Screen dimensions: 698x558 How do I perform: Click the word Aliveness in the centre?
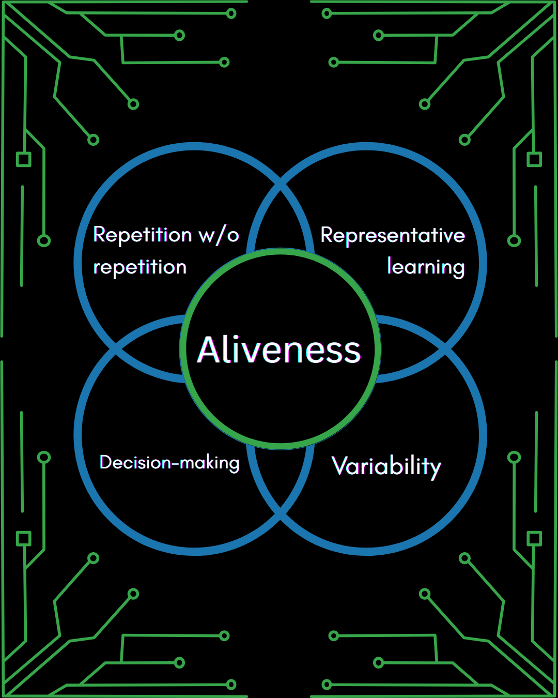coord(279,350)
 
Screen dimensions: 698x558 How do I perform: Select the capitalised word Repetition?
coord(143,235)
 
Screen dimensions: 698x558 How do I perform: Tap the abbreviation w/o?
coord(219,235)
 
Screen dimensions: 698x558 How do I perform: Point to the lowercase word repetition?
coord(139,267)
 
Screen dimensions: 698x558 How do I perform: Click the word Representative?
coord(393,236)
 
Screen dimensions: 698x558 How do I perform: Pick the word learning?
coord(426,267)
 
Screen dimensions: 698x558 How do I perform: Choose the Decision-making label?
coord(169,462)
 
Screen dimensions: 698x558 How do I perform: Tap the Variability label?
coord(386,466)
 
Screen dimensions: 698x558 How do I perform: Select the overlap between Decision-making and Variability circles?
coord(281,476)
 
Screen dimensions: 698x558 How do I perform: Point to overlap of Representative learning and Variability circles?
coord(411,349)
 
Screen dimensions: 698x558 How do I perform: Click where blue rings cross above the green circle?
coord(281,184)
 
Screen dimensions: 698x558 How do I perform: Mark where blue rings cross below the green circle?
coord(281,514)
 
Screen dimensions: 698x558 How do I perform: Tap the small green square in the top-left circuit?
coord(24,159)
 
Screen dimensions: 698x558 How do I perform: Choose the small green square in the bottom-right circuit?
coord(534,539)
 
